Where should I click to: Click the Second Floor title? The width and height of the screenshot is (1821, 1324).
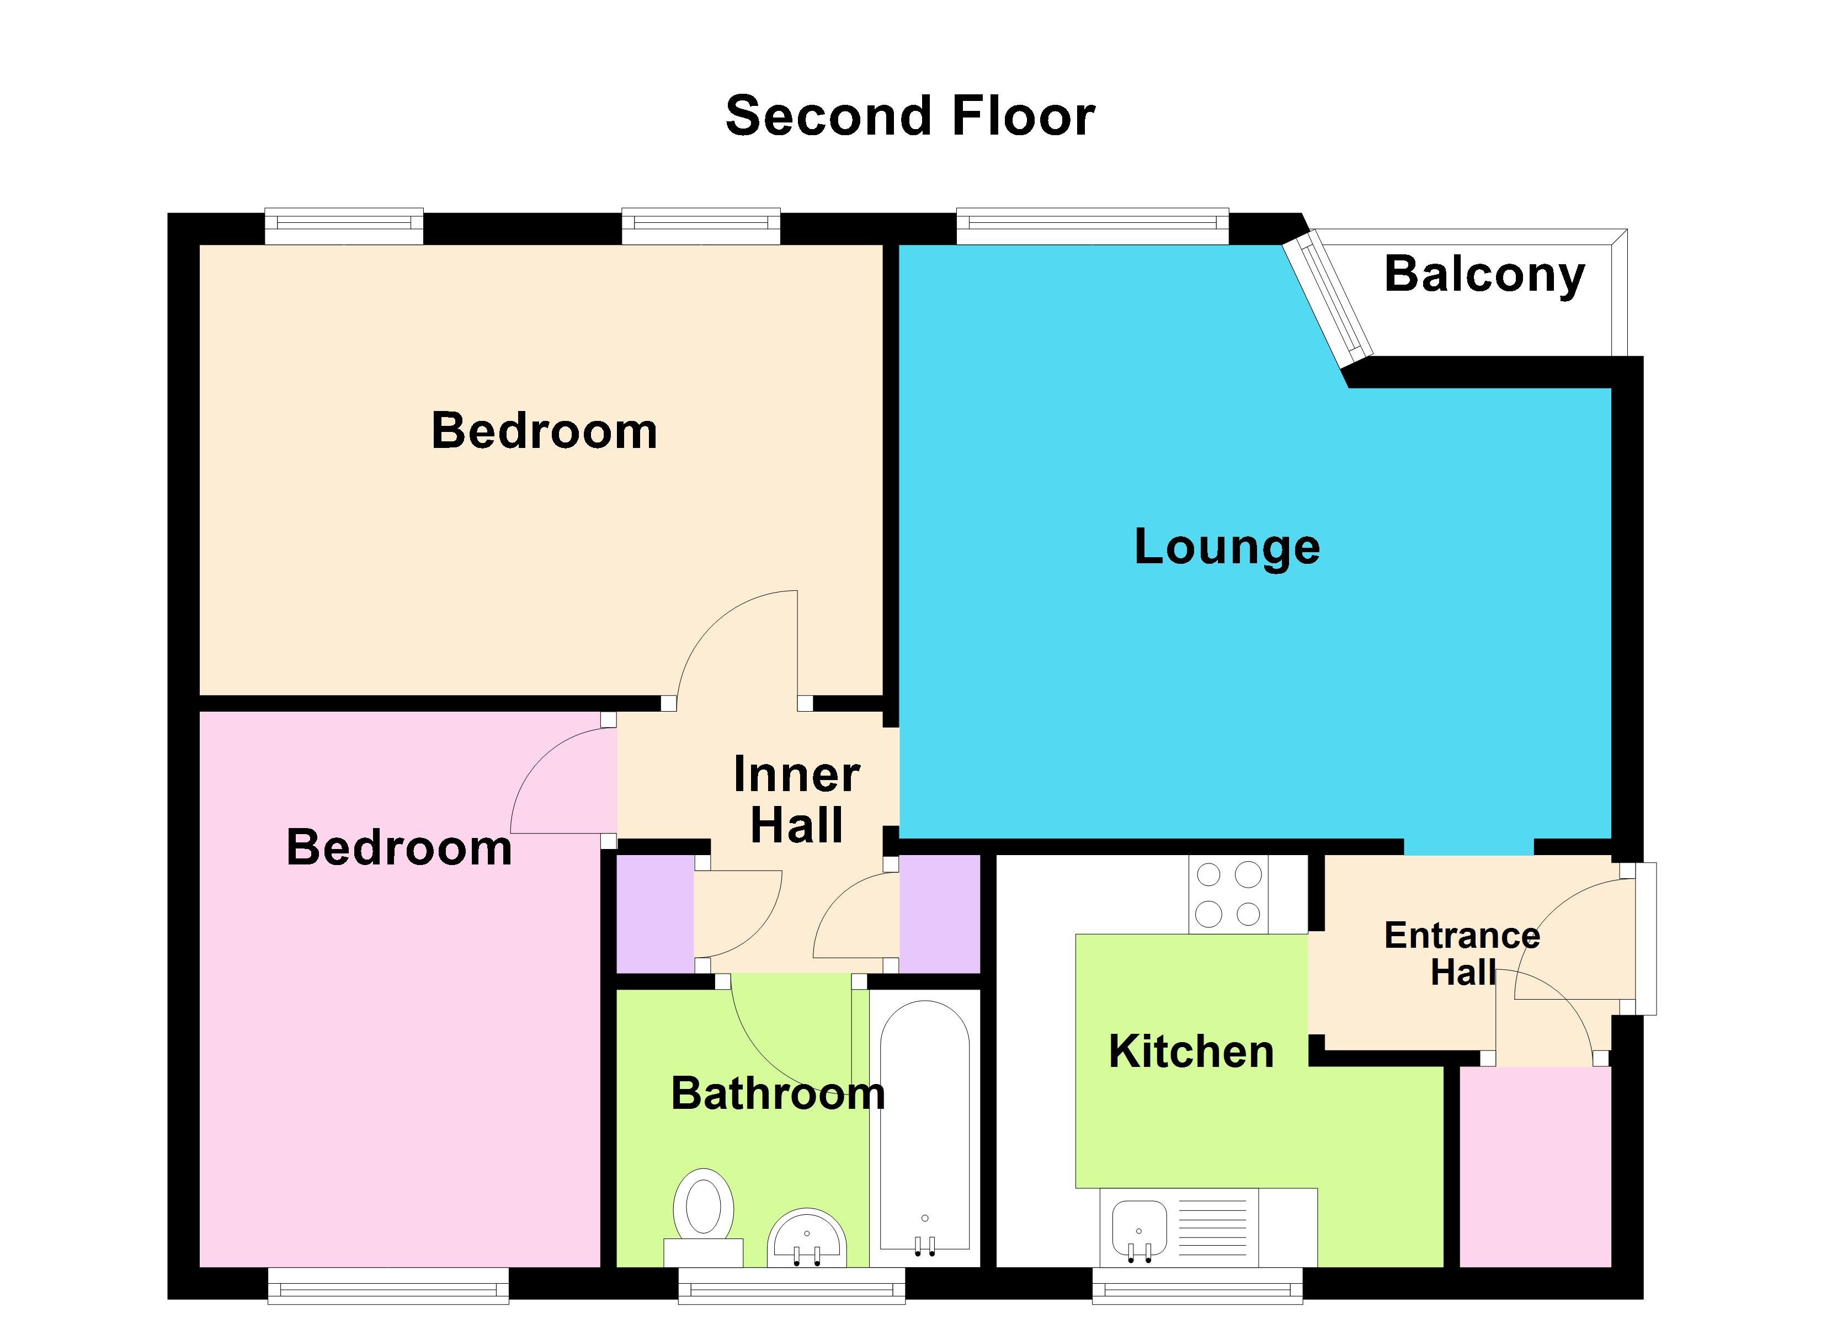tap(910, 116)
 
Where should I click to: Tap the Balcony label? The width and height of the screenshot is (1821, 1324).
tap(1484, 275)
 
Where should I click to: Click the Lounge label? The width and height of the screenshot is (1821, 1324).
tap(1227, 548)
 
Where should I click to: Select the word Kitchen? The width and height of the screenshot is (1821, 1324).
tap(1191, 1052)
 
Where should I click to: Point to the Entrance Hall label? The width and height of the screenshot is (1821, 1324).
tap(1462, 954)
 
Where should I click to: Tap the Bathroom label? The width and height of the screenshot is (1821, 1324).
tap(777, 1093)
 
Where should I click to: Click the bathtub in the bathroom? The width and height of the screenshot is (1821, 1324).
tap(925, 1124)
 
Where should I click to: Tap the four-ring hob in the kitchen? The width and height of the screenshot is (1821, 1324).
tap(1228, 894)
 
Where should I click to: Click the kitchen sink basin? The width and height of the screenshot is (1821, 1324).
tap(1138, 1229)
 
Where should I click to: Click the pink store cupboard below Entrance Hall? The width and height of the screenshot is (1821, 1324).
tap(1535, 1166)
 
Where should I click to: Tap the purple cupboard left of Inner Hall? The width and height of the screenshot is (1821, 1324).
tap(655, 914)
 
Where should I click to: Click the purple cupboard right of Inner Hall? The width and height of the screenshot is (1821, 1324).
tap(939, 914)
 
